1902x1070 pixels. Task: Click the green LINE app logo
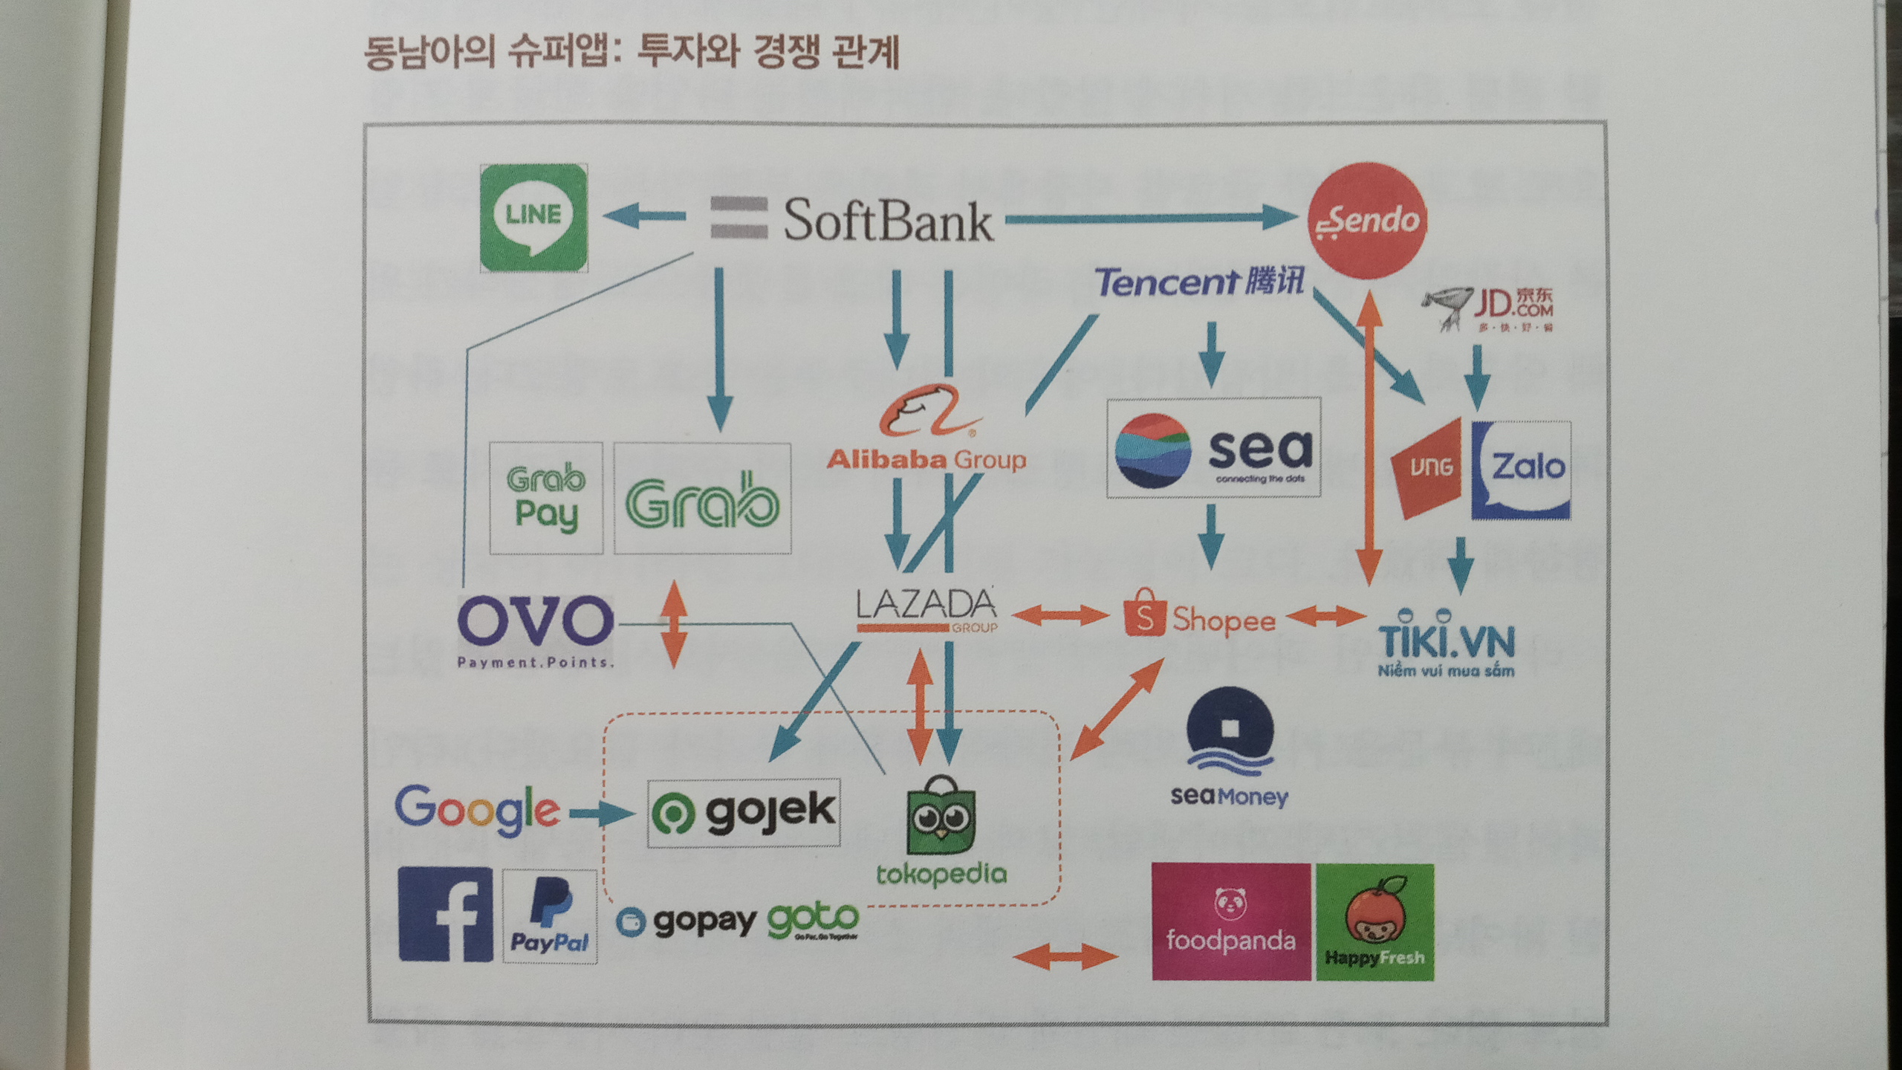point(533,218)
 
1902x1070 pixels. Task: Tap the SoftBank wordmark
point(887,221)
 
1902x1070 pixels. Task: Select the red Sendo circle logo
point(1367,221)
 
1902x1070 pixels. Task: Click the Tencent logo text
point(1199,282)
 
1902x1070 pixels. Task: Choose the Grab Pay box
point(546,498)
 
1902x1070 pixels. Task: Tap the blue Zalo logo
point(1521,470)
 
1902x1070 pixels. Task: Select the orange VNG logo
point(1430,468)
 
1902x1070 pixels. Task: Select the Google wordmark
point(476,810)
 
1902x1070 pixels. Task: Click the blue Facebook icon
point(445,915)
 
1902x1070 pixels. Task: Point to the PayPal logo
point(550,917)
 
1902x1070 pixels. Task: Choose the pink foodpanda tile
point(1230,921)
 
